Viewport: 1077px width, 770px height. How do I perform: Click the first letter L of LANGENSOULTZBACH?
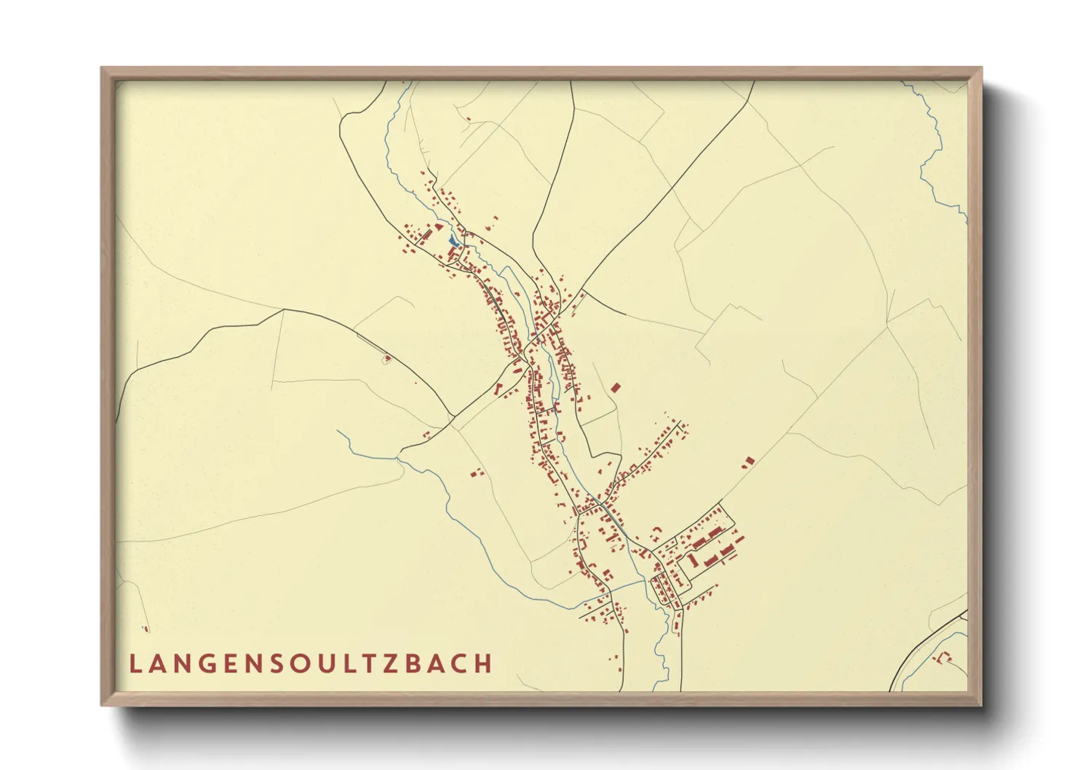pos(135,664)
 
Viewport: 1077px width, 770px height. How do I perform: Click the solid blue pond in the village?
pos(454,240)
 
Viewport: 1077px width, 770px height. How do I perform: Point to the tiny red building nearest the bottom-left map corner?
pos(146,629)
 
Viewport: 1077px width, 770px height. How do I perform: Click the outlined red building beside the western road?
pos(387,358)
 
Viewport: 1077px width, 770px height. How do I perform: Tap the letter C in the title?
pos(458,664)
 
